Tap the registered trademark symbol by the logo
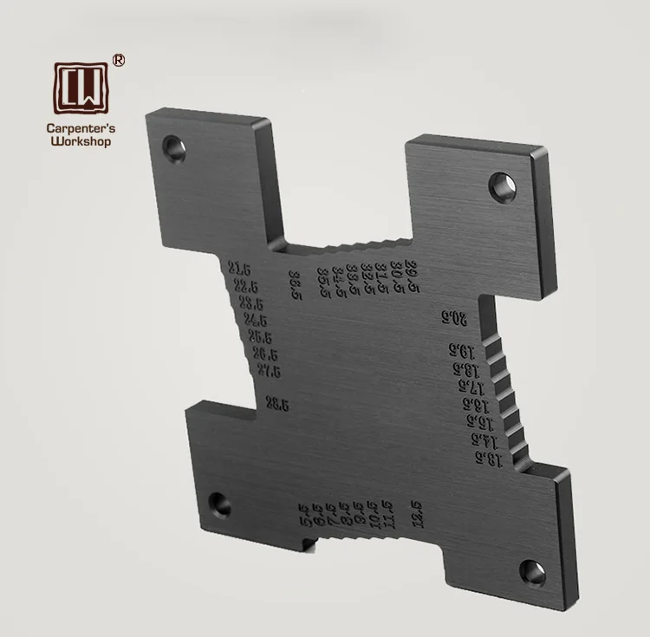point(119,60)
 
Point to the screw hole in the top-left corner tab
point(176,146)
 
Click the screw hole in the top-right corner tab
point(501,183)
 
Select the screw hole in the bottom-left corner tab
point(219,503)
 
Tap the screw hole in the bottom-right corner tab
point(532,571)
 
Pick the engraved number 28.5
point(277,402)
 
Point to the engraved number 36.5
point(296,283)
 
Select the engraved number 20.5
point(453,318)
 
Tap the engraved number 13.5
point(488,458)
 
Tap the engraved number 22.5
point(245,286)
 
